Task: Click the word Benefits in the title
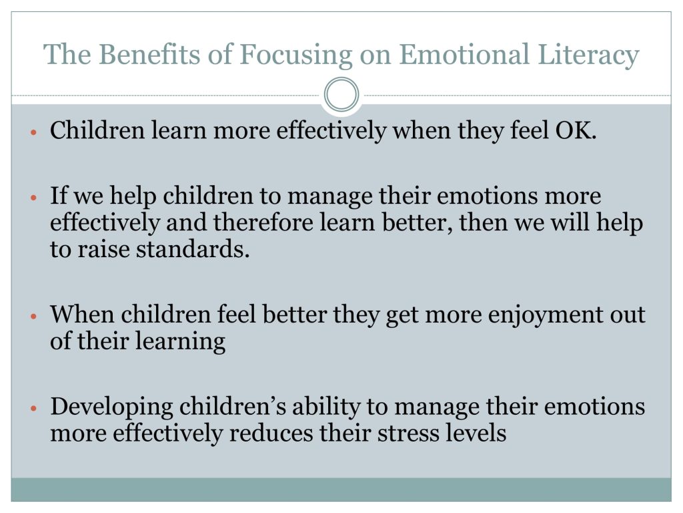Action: [150, 54]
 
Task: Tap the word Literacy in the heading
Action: [588, 55]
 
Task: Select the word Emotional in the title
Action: [464, 54]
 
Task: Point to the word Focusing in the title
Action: [295, 55]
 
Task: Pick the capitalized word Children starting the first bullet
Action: [97, 130]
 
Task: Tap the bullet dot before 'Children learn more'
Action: [34, 132]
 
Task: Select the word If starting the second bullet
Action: [59, 195]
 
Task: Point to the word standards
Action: [193, 249]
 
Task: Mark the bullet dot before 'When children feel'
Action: [34, 315]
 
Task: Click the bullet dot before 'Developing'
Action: [34, 408]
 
